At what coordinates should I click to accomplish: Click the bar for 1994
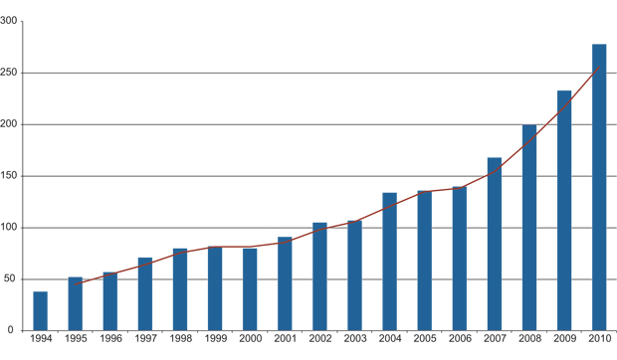tap(41, 311)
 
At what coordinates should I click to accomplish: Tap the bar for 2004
tap(390, 262)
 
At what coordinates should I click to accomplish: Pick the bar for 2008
tap(529, 228)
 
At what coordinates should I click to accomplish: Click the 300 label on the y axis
tap(10, 21)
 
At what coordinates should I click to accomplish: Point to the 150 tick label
tap(10, 176)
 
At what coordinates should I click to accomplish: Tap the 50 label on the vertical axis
tap(13, 279)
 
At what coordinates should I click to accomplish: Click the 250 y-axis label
tap(10, 73)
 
